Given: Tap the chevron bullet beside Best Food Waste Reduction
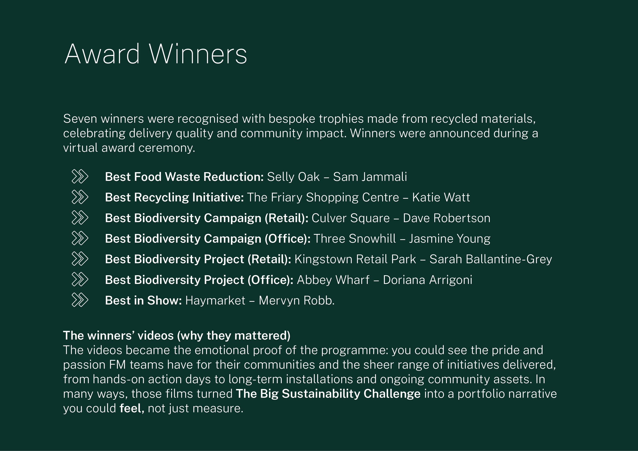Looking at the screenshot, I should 80,177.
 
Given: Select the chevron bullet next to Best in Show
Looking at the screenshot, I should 80,300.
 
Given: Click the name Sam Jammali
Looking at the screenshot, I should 370,177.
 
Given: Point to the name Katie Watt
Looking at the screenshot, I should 441,197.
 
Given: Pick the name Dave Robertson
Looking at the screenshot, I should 447,218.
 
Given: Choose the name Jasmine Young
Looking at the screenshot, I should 449,239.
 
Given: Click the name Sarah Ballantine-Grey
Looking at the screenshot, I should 490,259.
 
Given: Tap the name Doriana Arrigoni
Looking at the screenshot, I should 427,280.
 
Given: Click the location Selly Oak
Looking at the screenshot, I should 293,177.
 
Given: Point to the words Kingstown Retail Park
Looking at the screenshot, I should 355,259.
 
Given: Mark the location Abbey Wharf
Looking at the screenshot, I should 333,280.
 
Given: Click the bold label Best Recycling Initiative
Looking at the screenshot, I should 174,197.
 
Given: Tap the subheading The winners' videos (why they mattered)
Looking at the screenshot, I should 177,335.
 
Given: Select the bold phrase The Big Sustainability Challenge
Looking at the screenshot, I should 328,394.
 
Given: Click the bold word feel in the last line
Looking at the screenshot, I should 131,408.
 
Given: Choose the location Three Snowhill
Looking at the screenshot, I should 354,239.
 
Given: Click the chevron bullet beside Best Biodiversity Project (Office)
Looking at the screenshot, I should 80,280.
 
